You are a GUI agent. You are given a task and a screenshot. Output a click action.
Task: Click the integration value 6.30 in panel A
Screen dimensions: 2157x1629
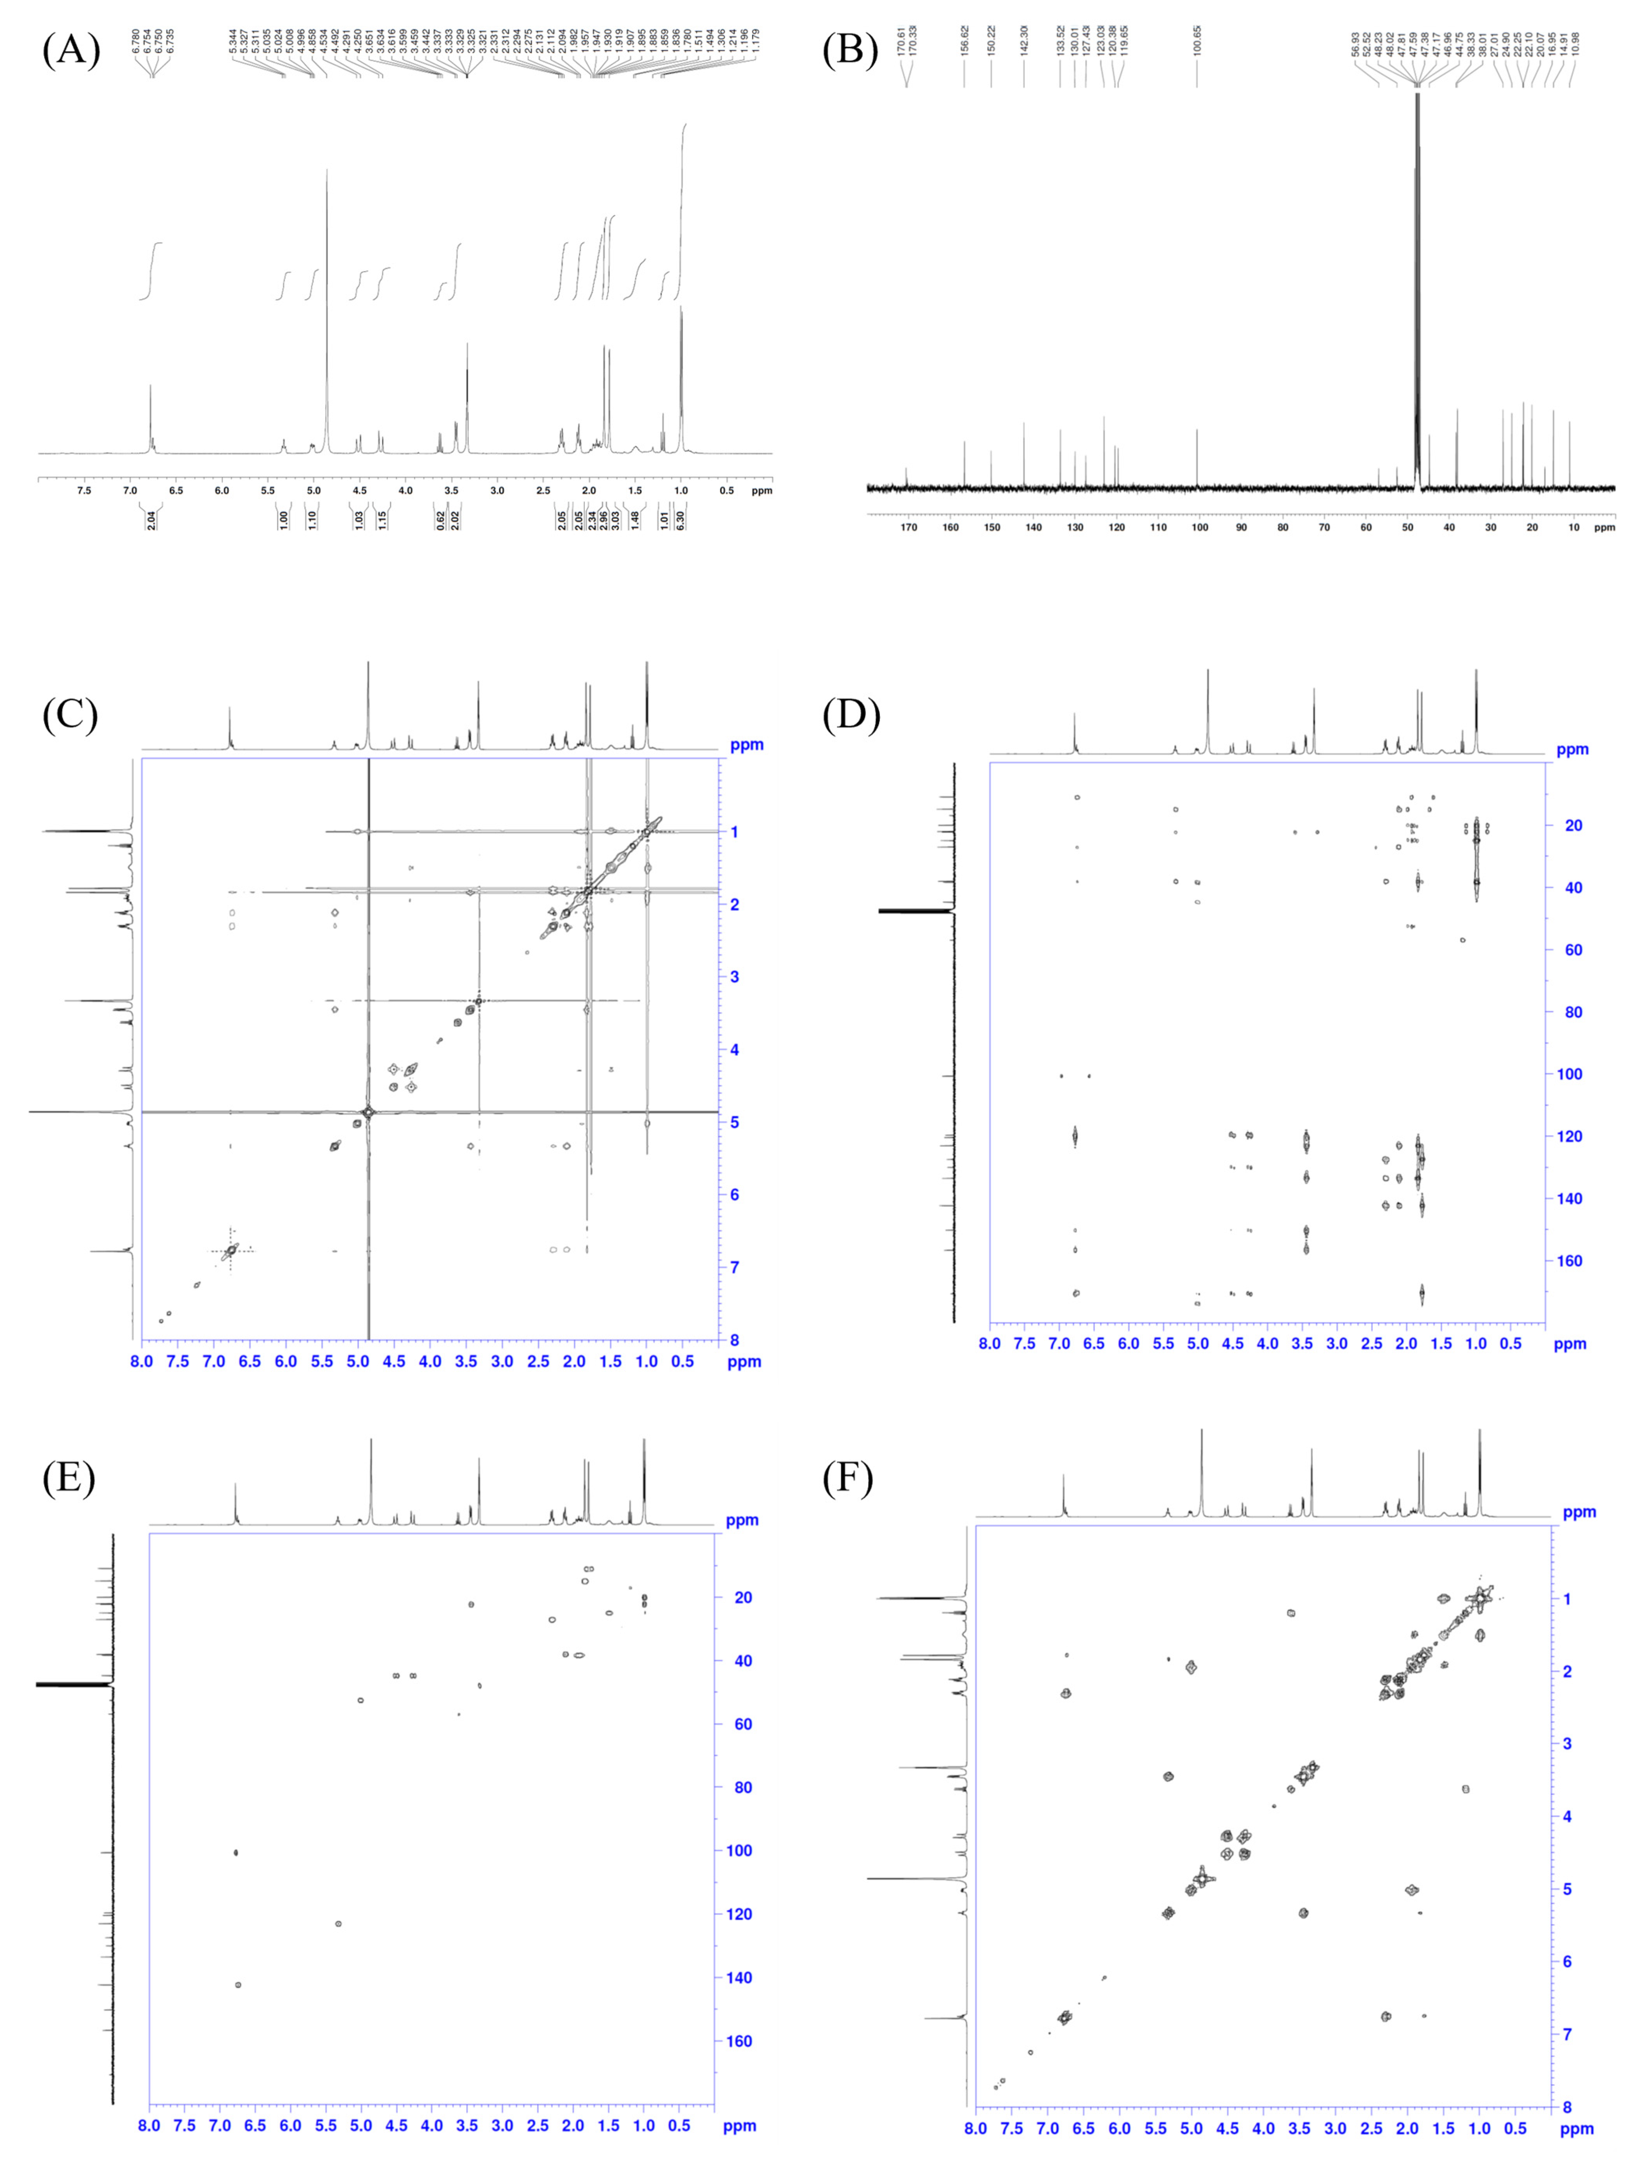click(681, 520)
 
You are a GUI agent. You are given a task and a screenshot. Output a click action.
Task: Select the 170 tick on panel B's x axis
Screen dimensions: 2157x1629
click(909, 527)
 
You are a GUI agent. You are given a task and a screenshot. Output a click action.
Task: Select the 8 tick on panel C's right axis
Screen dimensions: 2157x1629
click(734, 1340)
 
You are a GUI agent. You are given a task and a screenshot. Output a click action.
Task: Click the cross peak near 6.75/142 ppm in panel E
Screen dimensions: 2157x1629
click(238, 1984)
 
